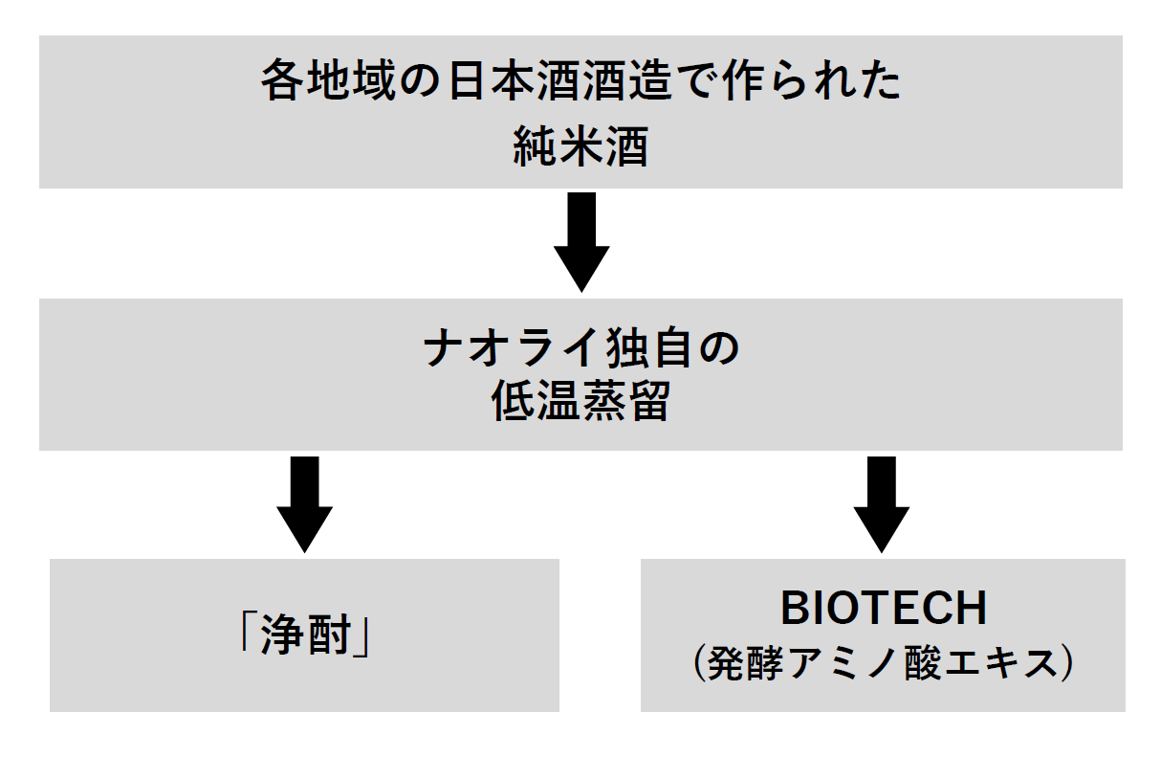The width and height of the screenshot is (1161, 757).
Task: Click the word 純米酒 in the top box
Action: [x=580, y=146]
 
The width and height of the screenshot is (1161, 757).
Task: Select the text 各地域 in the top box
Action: [x=329, y=79]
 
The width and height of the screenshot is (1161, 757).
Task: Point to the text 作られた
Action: [x=811, y=79]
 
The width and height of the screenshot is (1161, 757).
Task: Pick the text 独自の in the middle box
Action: [x=672, y=348]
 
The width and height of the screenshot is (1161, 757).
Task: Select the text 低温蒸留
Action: [x=580, y=401]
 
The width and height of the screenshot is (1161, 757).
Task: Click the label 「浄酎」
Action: [x=305, y=635]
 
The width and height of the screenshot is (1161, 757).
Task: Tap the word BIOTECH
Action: [x=884, y=609]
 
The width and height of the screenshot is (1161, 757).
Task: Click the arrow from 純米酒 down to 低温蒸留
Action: [x=581, y=242]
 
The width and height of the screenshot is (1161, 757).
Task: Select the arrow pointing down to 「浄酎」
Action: [x=305, y=504]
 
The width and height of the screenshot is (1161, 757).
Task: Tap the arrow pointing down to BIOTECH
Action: [x=882, y=504]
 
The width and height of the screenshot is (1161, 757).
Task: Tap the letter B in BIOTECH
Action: [x=795, y=609]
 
